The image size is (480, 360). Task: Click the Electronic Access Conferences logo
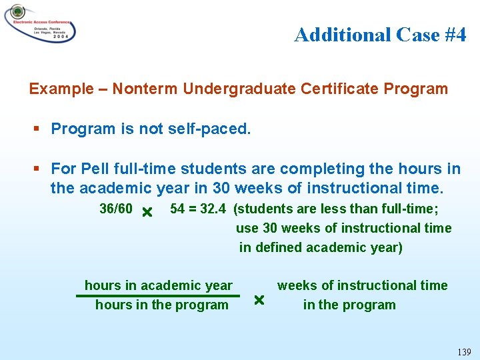click(39, 23)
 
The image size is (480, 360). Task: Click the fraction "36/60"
click(115, 209)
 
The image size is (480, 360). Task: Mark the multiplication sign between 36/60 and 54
click(147, 212)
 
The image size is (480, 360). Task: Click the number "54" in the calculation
click(177, 209)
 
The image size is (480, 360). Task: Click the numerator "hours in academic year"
click(159, 285)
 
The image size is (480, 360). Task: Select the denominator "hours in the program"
click(161, 305)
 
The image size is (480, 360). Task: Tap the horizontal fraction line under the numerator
click(158, 295)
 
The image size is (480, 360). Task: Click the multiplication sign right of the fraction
click(259, 301)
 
